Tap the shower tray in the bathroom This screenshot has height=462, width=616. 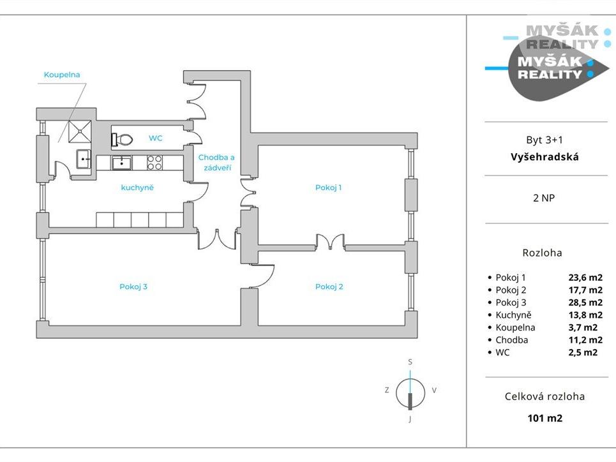pos(80,131)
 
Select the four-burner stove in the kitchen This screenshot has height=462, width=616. pos(154,163)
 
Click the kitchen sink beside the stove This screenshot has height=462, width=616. pos(121,163)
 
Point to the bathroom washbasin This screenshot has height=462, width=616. pos(84,159)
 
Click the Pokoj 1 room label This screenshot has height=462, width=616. pos(329,188)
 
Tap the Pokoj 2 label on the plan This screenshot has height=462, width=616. pos(329,287)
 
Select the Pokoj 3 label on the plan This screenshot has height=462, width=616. pos(133,287)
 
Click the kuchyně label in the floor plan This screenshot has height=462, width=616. pos(137,188)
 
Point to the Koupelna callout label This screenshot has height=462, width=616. pos(62,75)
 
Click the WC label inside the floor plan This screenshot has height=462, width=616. pos(156,138)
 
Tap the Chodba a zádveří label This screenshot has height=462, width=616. pos(216,163)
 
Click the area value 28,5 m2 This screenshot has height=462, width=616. pos(585,302)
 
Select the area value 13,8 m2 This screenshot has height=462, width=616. pos(585,315)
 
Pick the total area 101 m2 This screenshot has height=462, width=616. pos(545,418)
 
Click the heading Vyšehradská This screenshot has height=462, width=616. pos(545,157)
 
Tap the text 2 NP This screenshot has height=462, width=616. pos(544,198)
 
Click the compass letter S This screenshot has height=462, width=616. pos(410,362)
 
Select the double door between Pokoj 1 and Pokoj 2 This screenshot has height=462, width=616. pos(331,241)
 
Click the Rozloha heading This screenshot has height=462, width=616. pos(542,253)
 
